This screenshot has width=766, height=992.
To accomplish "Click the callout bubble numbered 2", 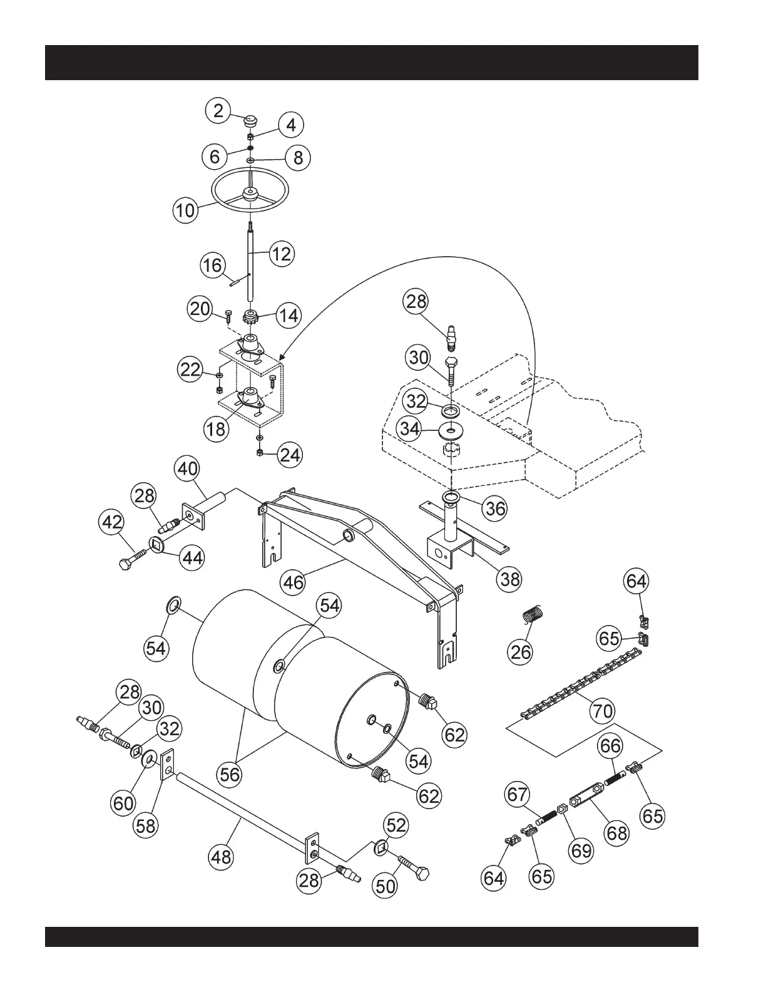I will [218, 111].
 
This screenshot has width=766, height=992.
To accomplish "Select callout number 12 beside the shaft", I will [282, 254].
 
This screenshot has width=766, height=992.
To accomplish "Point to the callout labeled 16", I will [212, 265].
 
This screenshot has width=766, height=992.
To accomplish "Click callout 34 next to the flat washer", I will [410, 430].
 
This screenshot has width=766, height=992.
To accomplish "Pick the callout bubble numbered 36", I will [495, 509].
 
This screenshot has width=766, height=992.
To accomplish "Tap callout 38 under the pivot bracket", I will [510, 579].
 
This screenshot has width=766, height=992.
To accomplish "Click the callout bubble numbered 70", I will [603, 711].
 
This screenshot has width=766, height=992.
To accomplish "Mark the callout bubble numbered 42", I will [113, 522].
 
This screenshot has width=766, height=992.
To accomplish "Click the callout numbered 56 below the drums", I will [230, 774].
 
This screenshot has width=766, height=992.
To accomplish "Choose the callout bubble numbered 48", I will [221, 857].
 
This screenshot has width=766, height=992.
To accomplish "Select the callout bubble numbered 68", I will [617, 833].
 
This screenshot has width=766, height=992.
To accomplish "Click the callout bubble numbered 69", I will [581, 850].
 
